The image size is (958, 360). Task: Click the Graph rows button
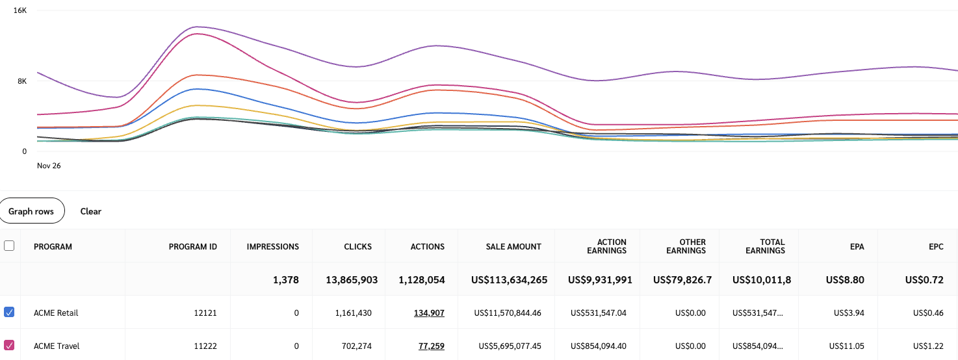(32, 211)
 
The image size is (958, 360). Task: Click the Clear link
(91, 211)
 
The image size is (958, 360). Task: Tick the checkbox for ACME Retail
(9, 313)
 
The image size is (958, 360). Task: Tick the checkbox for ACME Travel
(9, 346)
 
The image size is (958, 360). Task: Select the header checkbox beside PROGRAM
(9, 246)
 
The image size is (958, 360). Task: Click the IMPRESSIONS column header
(273, 247)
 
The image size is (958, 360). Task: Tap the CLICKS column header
(358, 247)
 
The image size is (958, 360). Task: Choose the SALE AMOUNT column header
(513, 247)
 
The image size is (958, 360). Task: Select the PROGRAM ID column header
(193, 247)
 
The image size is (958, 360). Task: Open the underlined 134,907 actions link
(429, 313)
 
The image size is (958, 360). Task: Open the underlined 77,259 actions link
(432, 346)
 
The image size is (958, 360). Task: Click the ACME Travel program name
(57, 346)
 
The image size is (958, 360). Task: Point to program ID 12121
(205, 313)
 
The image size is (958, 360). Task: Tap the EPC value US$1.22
(928, 346)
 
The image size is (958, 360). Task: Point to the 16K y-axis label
(19, 11)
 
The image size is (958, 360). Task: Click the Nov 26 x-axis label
(49, 166)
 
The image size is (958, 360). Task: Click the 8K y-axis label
(21, 81)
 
